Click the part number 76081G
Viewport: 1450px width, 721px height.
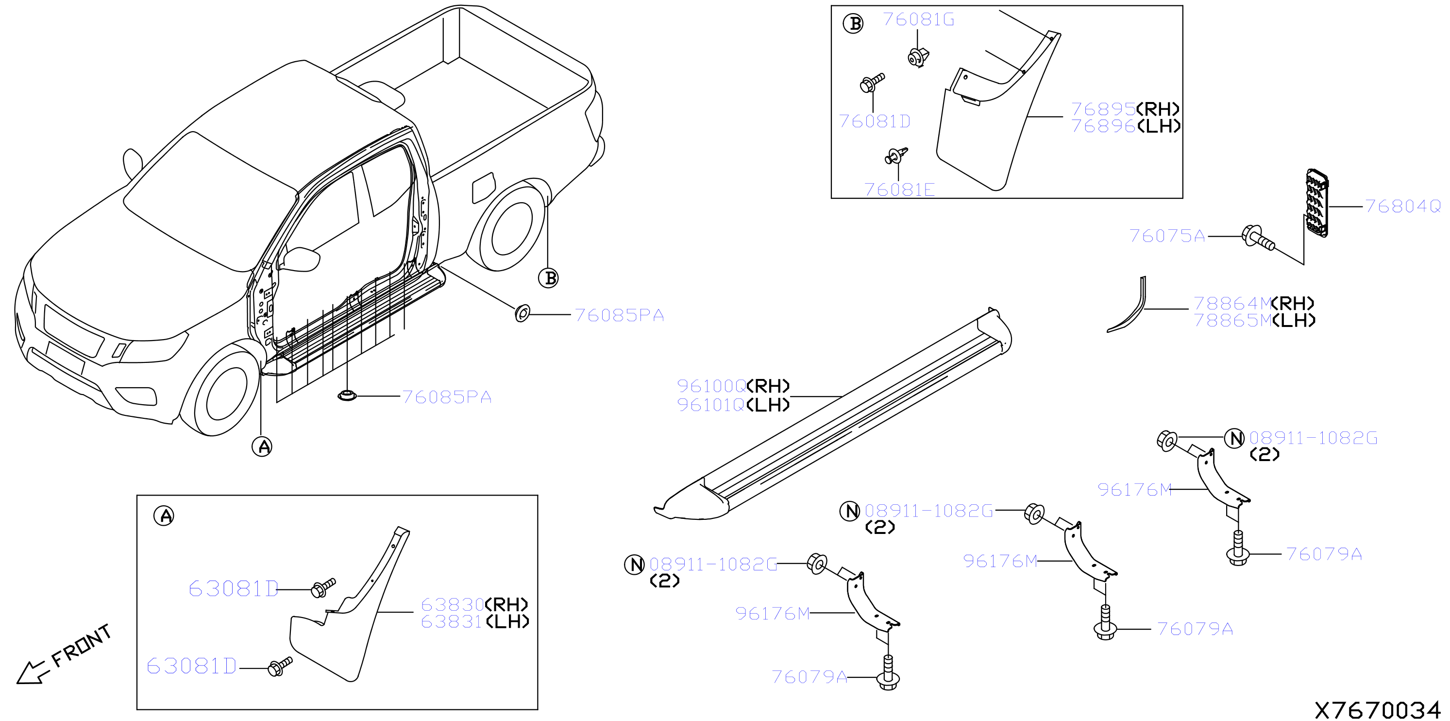click(x=918, y=20)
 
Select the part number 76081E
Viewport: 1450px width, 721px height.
click(x=899, y=190)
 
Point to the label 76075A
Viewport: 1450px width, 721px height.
click(x=1167, y=236)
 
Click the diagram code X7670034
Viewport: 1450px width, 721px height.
click(x=1377, y=710)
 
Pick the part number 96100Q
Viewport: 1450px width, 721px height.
click(x=711, y=386)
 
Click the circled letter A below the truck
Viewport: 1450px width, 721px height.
click(x=262, y=446)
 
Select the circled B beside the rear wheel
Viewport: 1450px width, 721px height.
click(x=548, y=278)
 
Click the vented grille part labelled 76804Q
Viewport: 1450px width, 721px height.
click(x=1316, y=203)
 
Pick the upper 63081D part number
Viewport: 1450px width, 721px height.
click(x=233, y=589)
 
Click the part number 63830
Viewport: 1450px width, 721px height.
click(x=452, y=604)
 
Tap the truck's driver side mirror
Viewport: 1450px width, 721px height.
click(x=302, y=259)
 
